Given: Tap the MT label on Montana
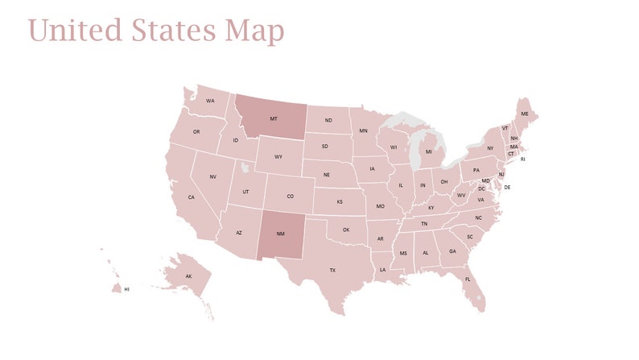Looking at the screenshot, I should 274,118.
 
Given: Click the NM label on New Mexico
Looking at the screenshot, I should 280,234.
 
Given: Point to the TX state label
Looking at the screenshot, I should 332,271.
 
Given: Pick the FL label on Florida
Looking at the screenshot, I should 468,279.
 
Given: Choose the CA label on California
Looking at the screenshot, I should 192,197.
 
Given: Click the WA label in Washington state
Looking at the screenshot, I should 210,101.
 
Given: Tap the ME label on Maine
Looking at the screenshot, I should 525,114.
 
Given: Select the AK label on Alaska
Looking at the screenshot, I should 189,276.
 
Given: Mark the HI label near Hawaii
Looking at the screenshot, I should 126,288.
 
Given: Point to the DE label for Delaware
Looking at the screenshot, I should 507,187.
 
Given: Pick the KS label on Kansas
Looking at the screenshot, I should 340,202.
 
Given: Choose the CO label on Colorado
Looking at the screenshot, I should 290,196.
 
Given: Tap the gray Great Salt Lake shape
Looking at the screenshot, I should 245,168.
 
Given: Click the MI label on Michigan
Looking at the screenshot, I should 429,151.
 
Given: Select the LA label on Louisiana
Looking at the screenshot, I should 383,269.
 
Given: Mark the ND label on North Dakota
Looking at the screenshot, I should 328,121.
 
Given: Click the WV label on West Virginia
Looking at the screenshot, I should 462,195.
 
